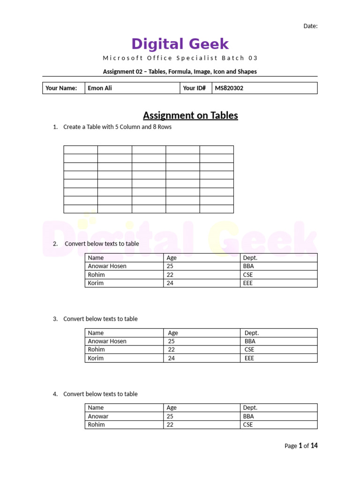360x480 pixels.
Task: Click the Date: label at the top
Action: tap(310, 26)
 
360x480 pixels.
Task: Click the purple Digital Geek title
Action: tap(180, 44)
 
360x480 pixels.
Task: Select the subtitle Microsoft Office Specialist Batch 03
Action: tap(180, 58)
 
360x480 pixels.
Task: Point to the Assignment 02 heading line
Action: tap(180, 72)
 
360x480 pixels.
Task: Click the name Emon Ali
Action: tap(100, 88)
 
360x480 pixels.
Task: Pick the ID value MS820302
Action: tap(229, 88)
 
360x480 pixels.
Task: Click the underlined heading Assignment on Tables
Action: tap(190, 115)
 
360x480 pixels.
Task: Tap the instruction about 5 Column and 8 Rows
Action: tap(117, 127)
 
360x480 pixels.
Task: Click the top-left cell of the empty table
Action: tap(81, 150)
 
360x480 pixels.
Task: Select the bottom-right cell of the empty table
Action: tap(217, 209)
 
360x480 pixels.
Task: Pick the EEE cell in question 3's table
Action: tap(249, 358)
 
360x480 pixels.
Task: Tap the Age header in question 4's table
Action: tap(172, 408)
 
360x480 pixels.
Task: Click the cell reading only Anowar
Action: tap(98, 416)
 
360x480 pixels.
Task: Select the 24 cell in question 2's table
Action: tap(170, 283)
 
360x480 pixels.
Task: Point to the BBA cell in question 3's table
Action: tap(250, 341)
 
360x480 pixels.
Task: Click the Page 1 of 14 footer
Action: tap(301, 446)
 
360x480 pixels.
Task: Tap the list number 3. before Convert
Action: tap(55, 319)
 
